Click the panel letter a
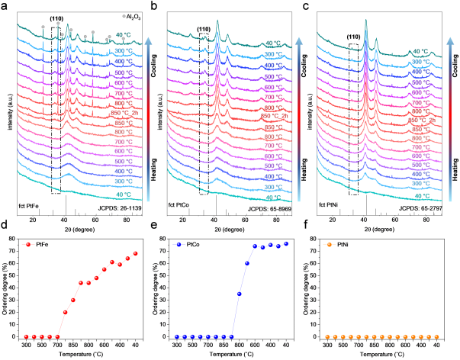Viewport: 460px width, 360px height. tap(5, 6)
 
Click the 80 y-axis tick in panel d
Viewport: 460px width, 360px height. tap(14, 239)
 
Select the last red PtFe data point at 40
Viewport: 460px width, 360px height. tap(136, 253)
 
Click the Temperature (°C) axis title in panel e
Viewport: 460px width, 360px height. tap(231, 356)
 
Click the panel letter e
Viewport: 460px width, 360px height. tap(155, 227)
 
